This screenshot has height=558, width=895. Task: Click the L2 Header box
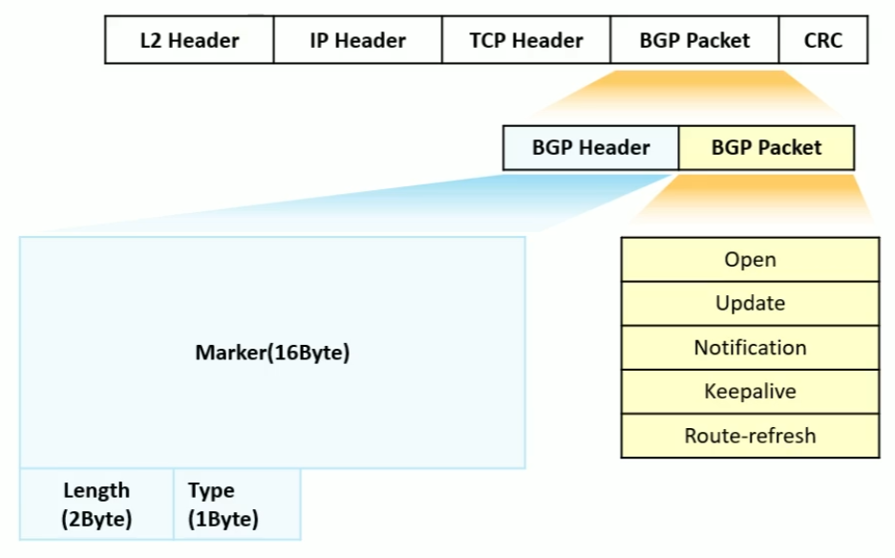pyautogui.click(x=189, y=40)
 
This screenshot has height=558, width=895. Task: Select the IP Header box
pyautogui.click(x=357, y=40)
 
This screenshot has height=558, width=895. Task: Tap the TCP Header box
pyautogui.click(x=525, y=40)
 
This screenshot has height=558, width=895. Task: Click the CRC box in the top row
pyautogui.click(x=823, y=40)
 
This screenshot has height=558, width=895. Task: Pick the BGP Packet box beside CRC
pyautogui.click(x=694, y=40)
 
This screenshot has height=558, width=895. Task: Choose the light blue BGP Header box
pyautogui.click(x=590, y=148)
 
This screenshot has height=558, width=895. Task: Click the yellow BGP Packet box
pyautogui.click(x=766, y=148)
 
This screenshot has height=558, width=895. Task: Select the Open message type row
pyautogui.click(x=750, y=260)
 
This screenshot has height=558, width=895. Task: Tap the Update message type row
pyautogui.click(x=750, y=304)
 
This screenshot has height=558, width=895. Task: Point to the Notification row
pyautogui.click(x=750, y=348)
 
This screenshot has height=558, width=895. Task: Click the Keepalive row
pyautogui.click(x=750, y=392)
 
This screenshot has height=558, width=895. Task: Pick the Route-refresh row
pyautogui.click(x=750, y=436)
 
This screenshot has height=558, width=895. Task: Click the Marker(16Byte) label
pyautogui.click(x=272, y=353)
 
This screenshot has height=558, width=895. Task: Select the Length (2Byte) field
pyautogui.click(x=96, y=504)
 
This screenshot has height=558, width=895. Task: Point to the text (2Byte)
pyautogui.click(x=96, y=520)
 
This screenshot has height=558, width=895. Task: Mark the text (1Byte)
pyautogui.click(x=224, y=520)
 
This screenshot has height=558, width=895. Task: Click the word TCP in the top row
pyautogui.click(x=487, y=40)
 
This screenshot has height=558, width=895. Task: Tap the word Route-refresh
pyautogui.click(x=750, y=436)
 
